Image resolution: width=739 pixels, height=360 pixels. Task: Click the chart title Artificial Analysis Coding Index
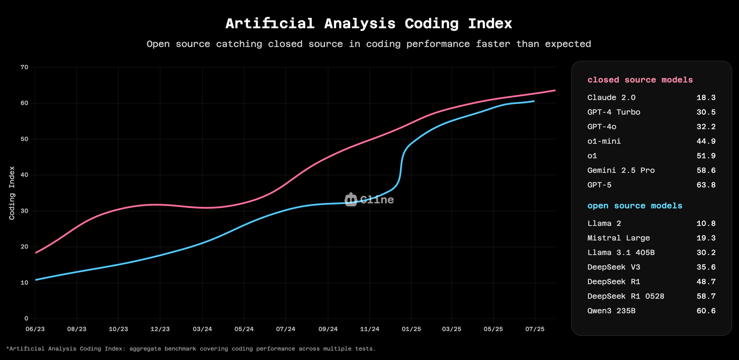click(369, 24)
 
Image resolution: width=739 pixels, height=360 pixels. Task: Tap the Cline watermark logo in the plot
click(369, 200)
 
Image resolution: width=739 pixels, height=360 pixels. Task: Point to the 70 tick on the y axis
click(24, 67)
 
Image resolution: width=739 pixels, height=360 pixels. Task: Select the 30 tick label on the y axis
click(24, 211)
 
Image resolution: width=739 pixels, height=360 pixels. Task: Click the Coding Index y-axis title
click(12, 193)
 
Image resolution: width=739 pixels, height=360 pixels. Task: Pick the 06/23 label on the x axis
click(35, 329)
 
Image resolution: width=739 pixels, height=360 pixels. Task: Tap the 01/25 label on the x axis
click(411, 329)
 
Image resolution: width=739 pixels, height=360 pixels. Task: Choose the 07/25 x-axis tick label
click(535, 329)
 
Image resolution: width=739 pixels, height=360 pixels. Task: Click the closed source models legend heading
click(640, 80)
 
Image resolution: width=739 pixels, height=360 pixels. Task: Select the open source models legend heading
click(635, 206)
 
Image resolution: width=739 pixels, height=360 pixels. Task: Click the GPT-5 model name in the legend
click(599, 185)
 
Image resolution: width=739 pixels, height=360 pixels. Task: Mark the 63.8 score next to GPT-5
click(706, 185)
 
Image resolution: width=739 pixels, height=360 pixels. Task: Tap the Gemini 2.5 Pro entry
click(621, 171)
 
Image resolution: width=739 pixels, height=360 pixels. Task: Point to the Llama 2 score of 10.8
click(706, 224)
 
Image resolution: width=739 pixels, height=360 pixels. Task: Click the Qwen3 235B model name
click(611, 311)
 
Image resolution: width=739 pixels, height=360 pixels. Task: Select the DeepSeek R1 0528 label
click(625, 296)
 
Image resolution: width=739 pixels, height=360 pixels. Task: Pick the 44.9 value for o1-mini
click(706, 141)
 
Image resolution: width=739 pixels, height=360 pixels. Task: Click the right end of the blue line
click(534, 101)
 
